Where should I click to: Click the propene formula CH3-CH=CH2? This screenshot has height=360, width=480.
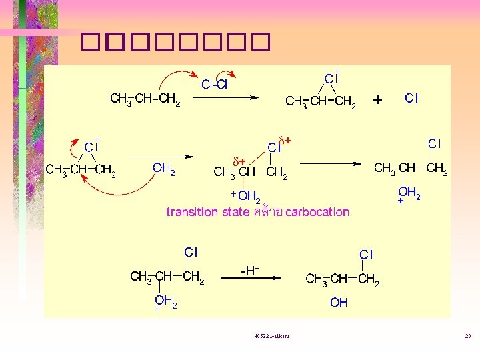[145, 100]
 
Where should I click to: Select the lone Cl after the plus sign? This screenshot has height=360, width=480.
[411, 99]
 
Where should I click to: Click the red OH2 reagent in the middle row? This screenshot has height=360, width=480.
[164, 169]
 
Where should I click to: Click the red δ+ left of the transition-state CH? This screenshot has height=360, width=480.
[239, 161]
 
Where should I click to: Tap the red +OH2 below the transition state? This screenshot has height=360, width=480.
[245, 196]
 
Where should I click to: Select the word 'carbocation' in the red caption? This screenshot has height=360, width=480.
[317, 213]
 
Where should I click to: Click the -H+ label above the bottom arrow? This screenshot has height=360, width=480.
[249, 270]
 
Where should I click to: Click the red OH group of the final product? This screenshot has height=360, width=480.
[339, 303]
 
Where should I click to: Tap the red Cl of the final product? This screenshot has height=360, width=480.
[366, 255]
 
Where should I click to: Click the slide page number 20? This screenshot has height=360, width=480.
[468, 337]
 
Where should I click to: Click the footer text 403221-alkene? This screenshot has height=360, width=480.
[267, 337]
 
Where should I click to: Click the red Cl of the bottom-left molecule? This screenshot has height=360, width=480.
[191, 252]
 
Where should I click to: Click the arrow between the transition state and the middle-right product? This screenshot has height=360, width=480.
[331, 163]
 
